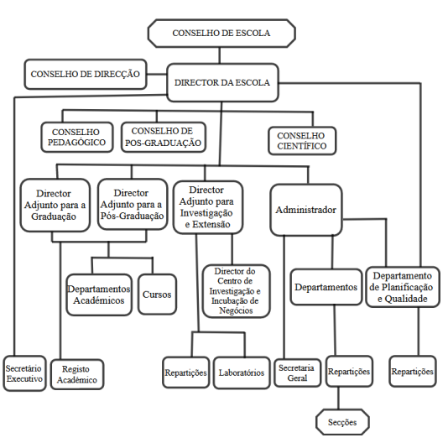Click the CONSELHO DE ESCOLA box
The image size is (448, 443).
tap(221, 34)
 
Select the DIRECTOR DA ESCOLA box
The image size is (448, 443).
tap(222, 82)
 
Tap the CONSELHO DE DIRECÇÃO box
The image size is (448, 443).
tap(86, 75)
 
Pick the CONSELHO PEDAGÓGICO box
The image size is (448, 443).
tap(77, 138)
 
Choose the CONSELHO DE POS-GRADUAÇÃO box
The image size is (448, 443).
tap(164, 137)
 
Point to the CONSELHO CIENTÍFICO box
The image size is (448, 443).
tap(302, 141)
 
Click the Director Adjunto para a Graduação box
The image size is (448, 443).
tap(55, 205)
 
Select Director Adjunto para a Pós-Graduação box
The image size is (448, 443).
tap(133, 205)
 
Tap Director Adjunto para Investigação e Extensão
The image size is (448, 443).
tap(208, 207)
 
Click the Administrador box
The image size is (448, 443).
tap(306, 210)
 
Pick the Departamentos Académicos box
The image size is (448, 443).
tap(99, 294)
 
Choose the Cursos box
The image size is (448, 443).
tap(157, 294)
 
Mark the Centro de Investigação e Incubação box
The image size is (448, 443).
tap(237, 291)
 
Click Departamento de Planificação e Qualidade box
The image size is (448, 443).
tap(403, 287)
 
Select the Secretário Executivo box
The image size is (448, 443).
tap(24, 373)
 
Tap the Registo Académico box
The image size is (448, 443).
tap(77, 374)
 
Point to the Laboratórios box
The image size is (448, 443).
tap(242, 373)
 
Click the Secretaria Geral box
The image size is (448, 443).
tap(298, 373)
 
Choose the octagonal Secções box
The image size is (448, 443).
tap(342, 422)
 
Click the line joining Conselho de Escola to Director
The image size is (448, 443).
tap(220, 55)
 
